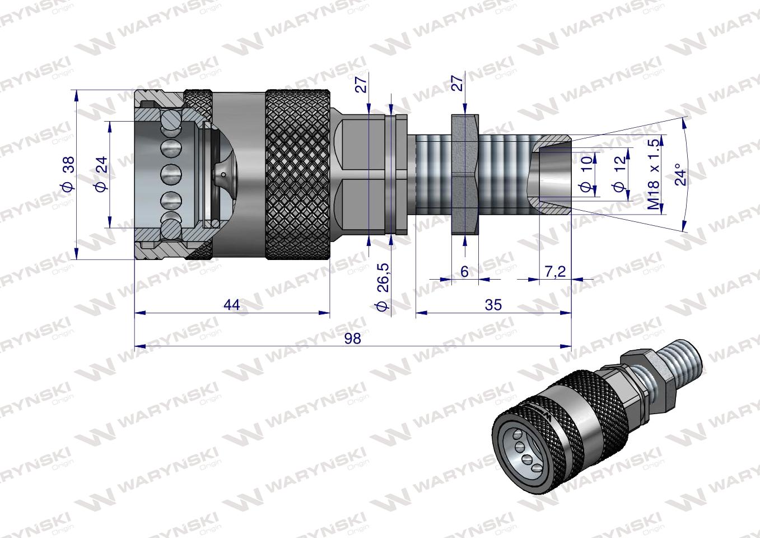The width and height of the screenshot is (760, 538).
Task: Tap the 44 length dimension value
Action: (231, 304)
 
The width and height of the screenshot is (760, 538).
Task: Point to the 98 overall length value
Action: (352, 338)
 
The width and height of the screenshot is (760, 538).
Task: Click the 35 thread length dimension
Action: (493, 304)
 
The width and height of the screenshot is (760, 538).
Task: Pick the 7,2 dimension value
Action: (554, 271)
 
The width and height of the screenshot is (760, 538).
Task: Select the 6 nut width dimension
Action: (464, 271)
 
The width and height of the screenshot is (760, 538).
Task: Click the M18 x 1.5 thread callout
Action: (653, 175)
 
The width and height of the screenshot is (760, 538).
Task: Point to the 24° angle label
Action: (680, 174)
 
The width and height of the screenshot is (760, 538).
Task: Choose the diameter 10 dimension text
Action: (586, 175)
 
